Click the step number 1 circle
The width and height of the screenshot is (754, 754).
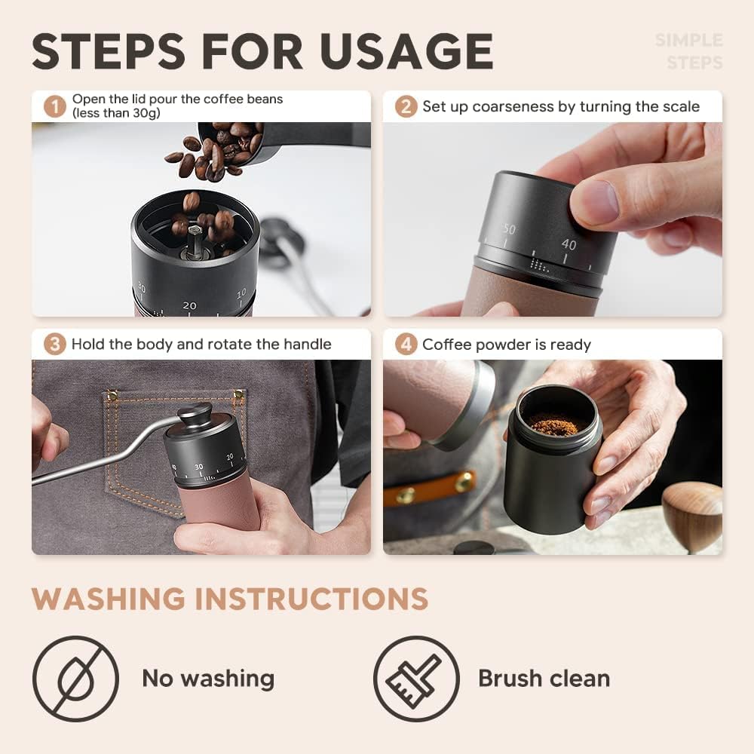click(54, 106)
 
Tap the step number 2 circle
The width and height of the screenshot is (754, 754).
click(406, 106)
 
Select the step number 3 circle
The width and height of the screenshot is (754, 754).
click(54, 345)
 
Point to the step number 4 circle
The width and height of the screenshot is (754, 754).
click(406, 345)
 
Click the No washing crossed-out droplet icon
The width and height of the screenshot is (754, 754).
click(75, 679)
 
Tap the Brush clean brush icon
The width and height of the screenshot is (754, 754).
click(415, 679)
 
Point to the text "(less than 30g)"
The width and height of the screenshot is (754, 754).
click(116, 114)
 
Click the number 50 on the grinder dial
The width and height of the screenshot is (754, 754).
click(509, 229)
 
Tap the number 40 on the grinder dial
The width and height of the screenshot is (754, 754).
click(569, 244)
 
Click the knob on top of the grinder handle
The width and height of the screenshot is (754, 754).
click(194, 413)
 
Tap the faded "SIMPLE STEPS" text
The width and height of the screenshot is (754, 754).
click(688, 51)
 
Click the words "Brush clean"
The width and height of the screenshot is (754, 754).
click(544, 679)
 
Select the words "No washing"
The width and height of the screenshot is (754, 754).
click(208, 679)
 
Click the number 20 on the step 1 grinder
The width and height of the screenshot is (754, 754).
click(189, 305)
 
